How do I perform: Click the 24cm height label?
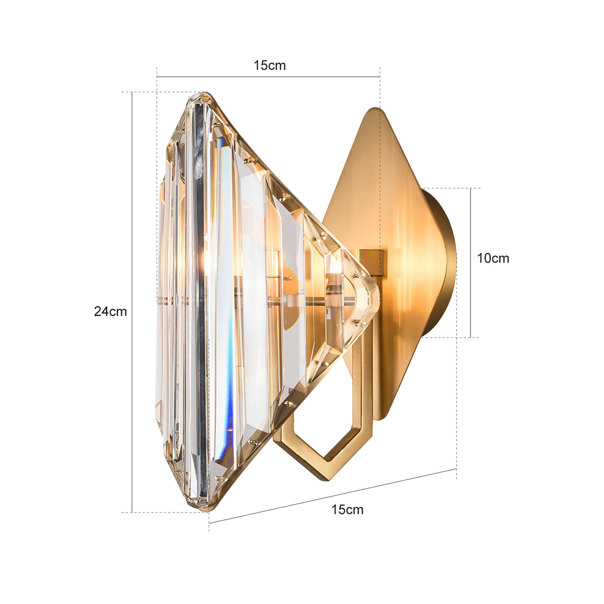(x=110, y=312)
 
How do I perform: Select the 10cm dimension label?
(x=493, y=258)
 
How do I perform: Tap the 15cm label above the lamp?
(x=270, y=66)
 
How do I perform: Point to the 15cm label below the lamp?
(x=347, y=510)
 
